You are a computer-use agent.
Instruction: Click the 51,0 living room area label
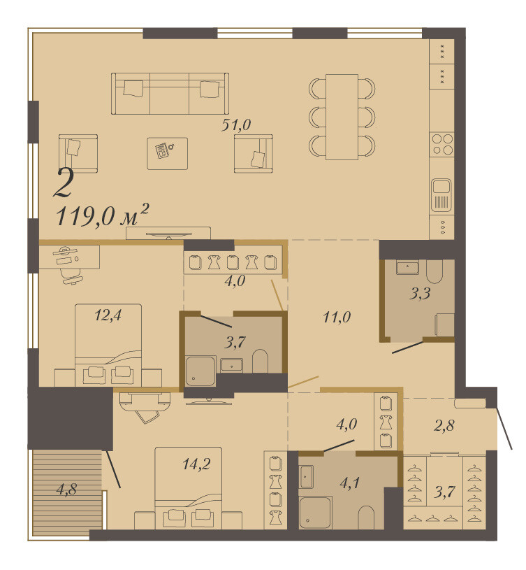click(236, 125)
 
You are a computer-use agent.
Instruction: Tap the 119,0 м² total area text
click(103, 215)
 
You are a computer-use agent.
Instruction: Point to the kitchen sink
click(441, 194)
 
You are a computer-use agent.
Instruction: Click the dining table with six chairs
click(342, 117)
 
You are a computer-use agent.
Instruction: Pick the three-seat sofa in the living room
click(170, 94)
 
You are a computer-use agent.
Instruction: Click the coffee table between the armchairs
click(168, 153)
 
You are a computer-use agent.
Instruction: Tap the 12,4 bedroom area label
click(108, 315)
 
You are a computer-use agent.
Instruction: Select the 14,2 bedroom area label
click(196, 464)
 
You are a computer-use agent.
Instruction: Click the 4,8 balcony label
click(66, 490)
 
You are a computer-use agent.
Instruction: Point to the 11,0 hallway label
click(337, 318)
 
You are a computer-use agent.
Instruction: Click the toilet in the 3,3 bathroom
click(434, 271)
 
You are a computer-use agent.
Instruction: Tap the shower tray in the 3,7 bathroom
click(200, 371)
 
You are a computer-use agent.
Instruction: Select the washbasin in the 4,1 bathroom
click(307, 476)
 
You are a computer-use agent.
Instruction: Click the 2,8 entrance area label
click(444, 426)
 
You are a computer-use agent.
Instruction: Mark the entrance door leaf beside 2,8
click(504, 428)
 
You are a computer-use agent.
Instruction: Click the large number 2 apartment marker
click(64, 183)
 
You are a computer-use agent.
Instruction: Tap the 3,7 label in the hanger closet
click(444, 492)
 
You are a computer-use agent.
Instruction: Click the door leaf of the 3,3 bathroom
click(408, 348)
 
